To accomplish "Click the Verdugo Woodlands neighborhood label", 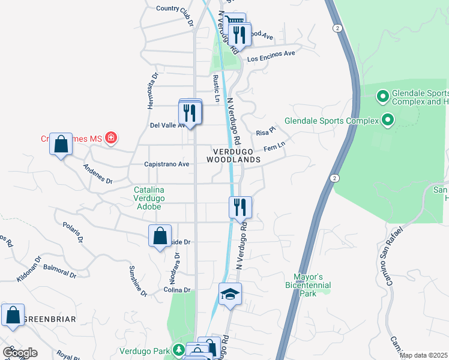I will (x=234, y=155).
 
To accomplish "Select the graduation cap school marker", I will (x=229, y=295).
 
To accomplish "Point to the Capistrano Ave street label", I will (x=167, y=164).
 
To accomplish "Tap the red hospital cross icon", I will (x=110, y=139).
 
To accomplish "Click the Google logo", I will (x=20, y=353).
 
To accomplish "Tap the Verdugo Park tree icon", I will (x=178, y=350).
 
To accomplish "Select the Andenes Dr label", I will (x=98, y=174).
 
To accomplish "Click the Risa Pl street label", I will (x=265, y=132).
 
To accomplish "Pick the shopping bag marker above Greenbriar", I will (x=13, y=315).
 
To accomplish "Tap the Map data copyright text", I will (x=423, y=355).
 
